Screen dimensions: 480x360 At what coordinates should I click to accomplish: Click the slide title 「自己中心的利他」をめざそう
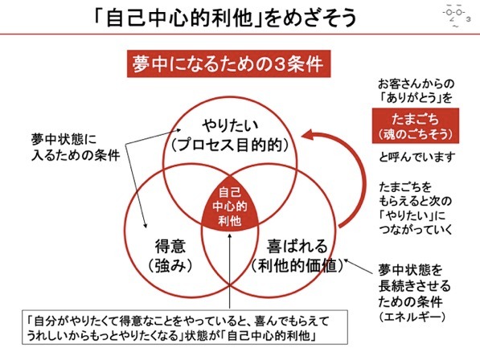tap(225, 17)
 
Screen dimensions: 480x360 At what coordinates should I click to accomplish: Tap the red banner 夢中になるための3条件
tap(228, 63)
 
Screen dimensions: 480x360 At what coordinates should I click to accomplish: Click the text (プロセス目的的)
tap(230, 145)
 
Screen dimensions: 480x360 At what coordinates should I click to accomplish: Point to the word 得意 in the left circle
tap(170, 246)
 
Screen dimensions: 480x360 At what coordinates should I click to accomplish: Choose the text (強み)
tap(170, 266)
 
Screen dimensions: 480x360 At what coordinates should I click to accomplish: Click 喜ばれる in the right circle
tap(297, 246)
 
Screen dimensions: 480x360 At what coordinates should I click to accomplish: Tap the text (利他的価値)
tap(297, 265)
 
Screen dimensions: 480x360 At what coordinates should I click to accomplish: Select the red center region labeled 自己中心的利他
tap(230, 207)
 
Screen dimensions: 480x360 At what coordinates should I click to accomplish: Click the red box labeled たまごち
tap(416, 125)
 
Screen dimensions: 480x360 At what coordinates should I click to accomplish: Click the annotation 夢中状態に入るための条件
tap(76, 147)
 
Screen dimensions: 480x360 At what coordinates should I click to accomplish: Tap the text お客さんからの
tap(416, 84)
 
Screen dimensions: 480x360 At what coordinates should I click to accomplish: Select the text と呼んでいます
tap(416, 157)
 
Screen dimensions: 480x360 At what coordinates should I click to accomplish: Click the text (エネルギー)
tap(412, 317)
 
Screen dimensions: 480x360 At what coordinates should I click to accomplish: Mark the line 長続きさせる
tap(415, 286)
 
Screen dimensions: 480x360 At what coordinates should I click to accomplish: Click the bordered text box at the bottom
tap(185, 327)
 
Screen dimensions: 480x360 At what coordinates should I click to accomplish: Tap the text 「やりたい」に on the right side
tap(412, 215)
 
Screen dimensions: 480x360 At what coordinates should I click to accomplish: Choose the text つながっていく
tap(416, 230)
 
